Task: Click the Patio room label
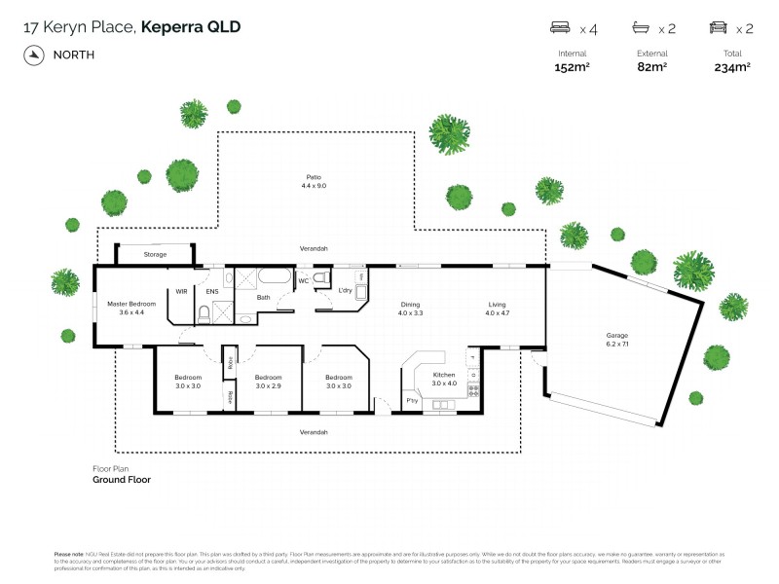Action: coord(314,177)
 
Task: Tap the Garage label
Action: coord(618,337)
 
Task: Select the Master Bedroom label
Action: coord(130,305)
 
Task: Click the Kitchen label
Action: coord(444,376)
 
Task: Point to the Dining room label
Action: coord(410,305)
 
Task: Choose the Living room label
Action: coord(498,305)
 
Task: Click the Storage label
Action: coord(156,254)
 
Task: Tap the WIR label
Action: coord(181,290)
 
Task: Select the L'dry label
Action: coord(345,290)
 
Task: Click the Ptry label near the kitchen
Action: coord(411,401)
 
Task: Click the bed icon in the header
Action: coord(560,28)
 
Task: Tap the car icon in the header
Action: coord(718,28)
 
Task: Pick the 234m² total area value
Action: coord(732,67)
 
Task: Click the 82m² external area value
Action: coord(651,67)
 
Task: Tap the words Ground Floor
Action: coord(122,480)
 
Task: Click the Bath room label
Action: coord(263,297)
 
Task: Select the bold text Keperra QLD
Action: coord(191,27)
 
